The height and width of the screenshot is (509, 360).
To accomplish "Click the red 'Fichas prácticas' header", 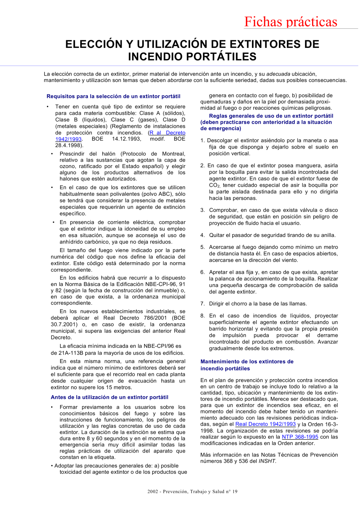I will [x=291, y=22].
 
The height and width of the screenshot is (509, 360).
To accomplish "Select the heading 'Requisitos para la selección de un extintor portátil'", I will [x=113, y=96].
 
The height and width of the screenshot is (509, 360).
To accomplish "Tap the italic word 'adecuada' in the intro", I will [x=278, y=74].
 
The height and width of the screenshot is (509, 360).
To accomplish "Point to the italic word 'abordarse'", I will [x=179, y=80].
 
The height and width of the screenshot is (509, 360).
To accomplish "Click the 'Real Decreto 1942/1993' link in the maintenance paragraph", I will [x=265, y=424].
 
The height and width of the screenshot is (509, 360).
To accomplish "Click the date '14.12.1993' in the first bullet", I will [x=126, y=139].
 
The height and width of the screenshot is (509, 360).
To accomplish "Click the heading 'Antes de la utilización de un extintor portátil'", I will [x=109, y=397].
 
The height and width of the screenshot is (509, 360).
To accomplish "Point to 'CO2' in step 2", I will [x=214, y=186].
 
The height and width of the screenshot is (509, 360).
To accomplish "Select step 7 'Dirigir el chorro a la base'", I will [x=257, y=304].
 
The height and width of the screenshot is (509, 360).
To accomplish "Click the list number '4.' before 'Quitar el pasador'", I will [x=203, y=235].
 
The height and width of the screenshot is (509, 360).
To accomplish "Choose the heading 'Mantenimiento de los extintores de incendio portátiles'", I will [x=247, y=365].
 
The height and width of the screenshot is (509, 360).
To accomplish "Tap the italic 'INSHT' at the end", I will [x=267, y=461].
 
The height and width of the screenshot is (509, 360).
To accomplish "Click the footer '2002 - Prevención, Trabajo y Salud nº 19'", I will [x=192, y=492].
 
